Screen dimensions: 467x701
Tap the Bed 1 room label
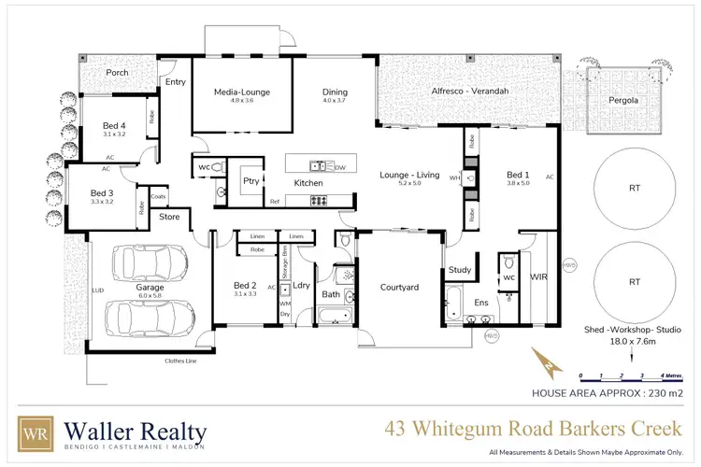[x=517, y=175]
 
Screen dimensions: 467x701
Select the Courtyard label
[x=398, y=287]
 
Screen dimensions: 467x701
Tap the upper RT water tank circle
[x=635, y=188]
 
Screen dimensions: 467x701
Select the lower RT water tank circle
[x=635, y=280]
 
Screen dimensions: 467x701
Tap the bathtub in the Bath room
[x=331, y=318]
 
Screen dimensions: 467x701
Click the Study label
[x=459, y=271]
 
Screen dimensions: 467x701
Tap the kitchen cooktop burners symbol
[x=318, y=200]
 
